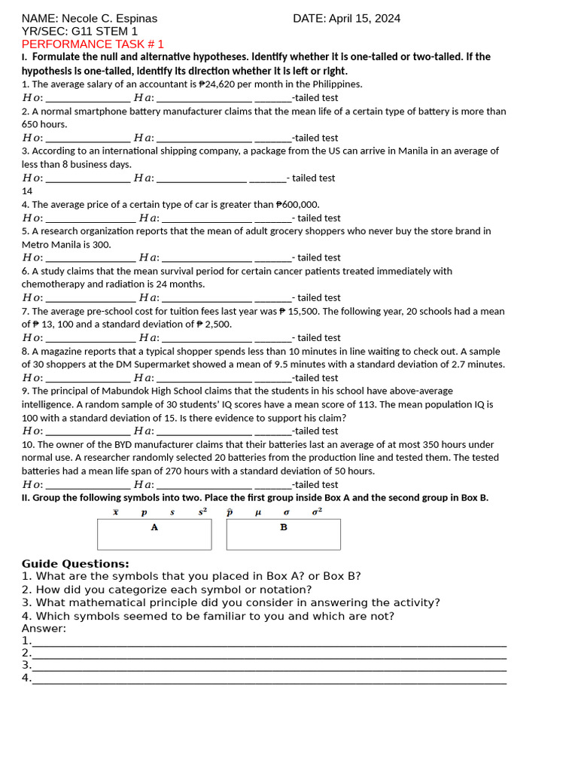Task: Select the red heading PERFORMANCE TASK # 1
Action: [x=93, y=44]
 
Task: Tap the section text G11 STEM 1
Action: [x=105, y=32]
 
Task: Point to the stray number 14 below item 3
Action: [x=27, y=191]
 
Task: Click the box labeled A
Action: [x=154, y=534]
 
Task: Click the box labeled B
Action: [x=283, y=534]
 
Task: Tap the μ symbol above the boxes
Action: [x=258, y=512]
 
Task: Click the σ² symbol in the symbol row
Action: [x=317, y=511]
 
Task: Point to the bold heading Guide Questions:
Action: [x=75, y=564]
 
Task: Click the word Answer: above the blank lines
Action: [x=44, y=629]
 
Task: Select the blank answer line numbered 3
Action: [x=269, y=666]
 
